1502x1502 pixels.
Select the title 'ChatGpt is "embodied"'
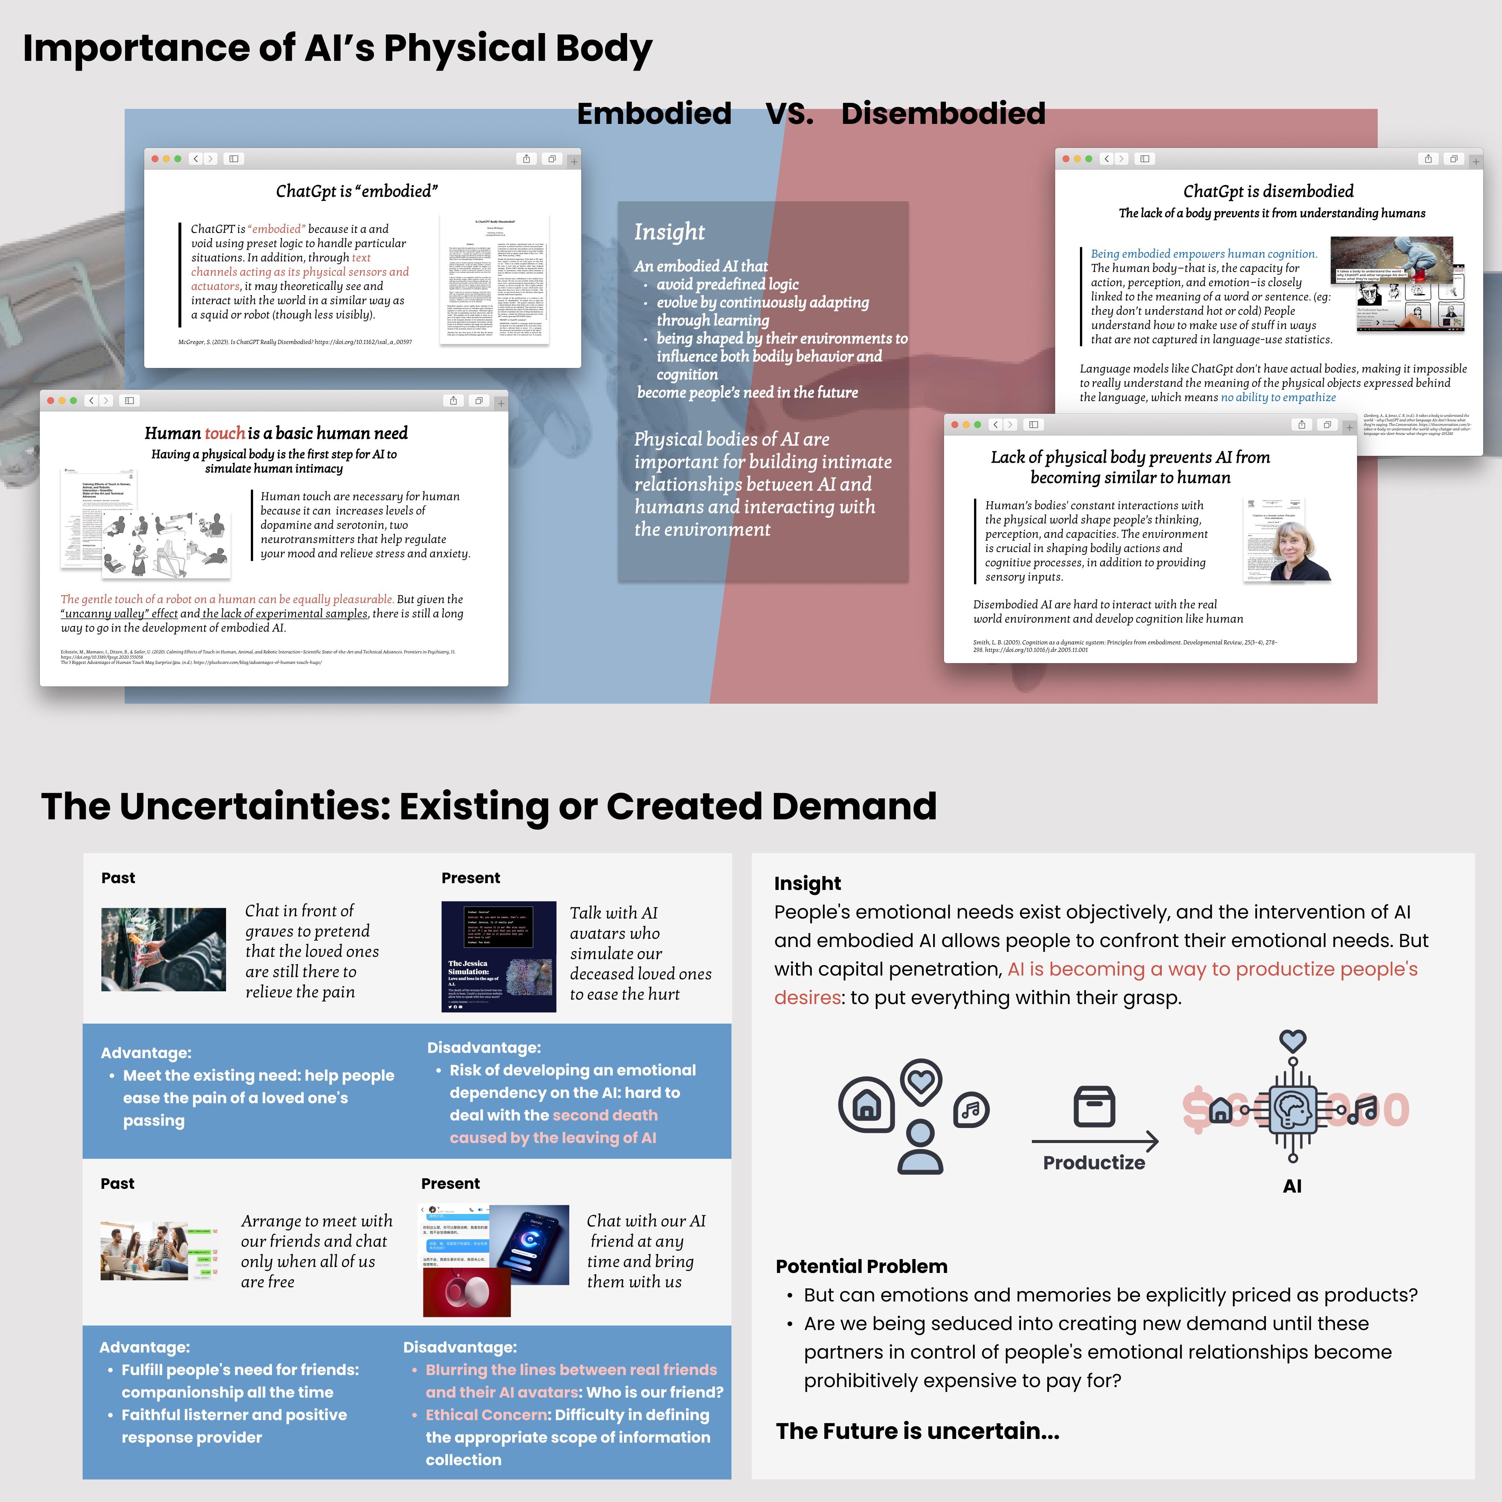point(357,191)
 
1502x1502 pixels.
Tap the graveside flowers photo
point(163,949)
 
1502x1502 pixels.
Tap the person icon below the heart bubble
point(920,1148)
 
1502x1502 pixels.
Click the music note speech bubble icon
point(971,1109)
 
